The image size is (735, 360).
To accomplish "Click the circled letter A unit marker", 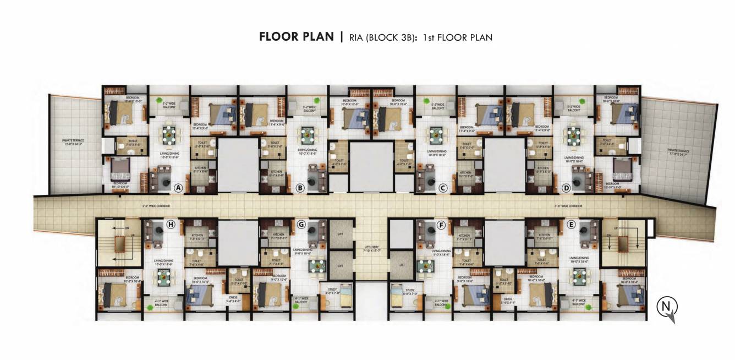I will [178, 188].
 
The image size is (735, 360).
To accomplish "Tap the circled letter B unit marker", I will [300, 188].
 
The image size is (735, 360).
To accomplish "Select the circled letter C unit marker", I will [443, 188].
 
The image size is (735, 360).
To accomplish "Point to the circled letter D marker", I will [566, 188].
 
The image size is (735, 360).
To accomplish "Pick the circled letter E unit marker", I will [571, 224].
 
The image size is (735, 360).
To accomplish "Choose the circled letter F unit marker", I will [441, 224].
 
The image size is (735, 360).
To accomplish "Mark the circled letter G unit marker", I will [301, 224].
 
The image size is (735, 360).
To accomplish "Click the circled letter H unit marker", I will [171, 224].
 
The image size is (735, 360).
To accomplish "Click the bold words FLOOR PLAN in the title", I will [296, 37].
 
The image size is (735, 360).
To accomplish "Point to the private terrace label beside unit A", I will [73, 142].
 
